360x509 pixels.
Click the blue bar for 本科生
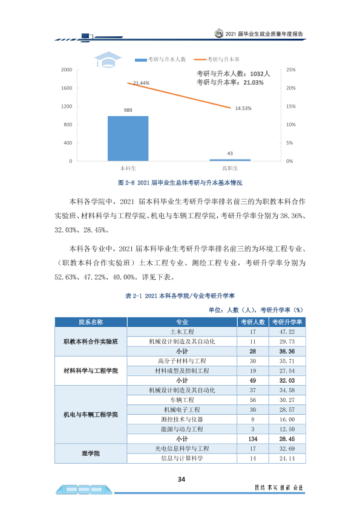128,138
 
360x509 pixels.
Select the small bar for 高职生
230,160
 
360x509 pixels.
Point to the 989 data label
128,110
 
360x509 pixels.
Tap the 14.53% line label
243,108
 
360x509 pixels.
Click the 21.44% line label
142,83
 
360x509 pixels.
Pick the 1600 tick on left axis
67,88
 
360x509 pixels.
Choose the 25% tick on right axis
291,70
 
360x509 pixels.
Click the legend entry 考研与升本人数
160,59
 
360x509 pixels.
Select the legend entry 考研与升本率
217,59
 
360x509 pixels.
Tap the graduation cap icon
108,59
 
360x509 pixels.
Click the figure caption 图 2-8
180,183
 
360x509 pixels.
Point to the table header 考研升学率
287,322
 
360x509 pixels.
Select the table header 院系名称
91,322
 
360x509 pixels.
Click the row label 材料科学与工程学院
91,371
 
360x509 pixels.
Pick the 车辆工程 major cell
182,400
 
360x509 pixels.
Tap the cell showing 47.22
287,332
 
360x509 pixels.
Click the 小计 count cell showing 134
253,439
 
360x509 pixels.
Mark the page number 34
182,479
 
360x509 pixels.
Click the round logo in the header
219,33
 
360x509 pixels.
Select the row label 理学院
91,453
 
